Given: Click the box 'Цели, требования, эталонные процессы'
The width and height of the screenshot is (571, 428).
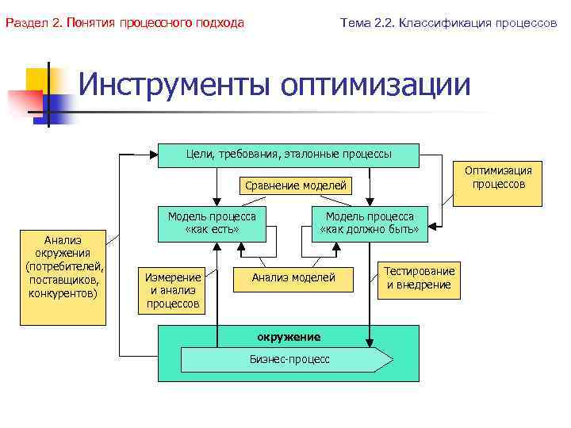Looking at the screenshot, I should [x=289, y=155].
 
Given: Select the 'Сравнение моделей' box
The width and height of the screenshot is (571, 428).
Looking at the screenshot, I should [x=296, y=185].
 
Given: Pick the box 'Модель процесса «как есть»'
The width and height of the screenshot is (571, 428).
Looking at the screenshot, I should [x=212, y=224].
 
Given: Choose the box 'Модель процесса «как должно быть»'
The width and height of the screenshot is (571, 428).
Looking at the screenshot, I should [x=369, y=224].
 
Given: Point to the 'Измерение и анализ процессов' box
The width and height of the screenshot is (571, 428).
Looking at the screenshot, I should [x=173, y=290].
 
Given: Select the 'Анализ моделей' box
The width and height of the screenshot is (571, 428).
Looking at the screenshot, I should [x=293, y=277].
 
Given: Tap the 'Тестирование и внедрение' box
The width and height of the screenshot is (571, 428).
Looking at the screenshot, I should [x=420, y=278].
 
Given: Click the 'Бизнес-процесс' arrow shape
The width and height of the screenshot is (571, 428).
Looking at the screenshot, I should [x=288, y=359].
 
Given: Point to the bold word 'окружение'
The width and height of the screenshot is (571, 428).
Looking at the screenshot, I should [x=289, y=337].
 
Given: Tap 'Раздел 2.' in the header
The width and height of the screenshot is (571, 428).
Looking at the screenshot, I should [x=34, y=23].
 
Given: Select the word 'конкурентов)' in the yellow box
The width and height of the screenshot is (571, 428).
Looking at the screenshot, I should [x=63, y=294].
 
